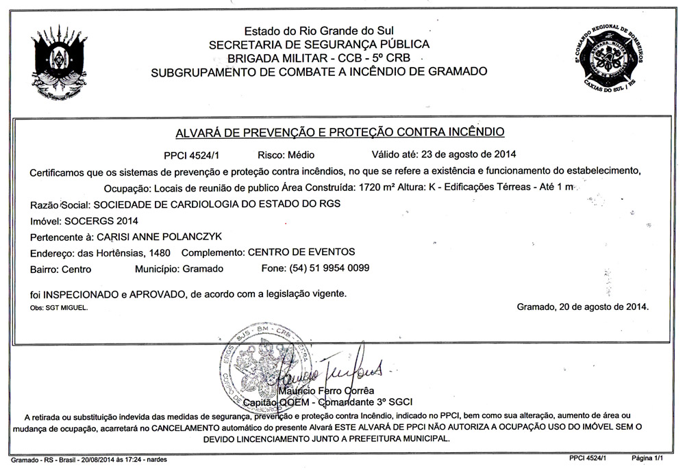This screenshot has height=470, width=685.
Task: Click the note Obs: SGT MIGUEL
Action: (x=59, y=309)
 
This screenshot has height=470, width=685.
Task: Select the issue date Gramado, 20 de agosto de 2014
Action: (x=582, y=306)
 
